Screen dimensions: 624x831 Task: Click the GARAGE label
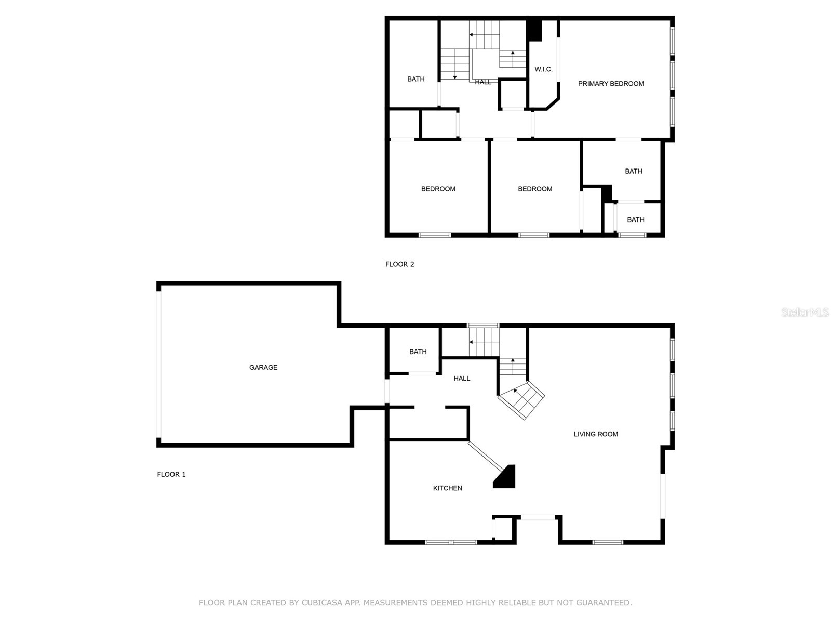(263, 367)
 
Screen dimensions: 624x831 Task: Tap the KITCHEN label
(447, 488)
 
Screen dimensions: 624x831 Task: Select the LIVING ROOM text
(596, 434)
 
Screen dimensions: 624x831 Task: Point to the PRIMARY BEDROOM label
(611, 83)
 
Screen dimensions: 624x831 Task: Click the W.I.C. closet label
(543, 69)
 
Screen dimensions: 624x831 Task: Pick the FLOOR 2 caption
(399, 264)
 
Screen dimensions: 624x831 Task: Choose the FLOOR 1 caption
(171, 474)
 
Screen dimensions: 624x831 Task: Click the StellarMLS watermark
(805, 312)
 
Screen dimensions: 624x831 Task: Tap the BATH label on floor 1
(418, 352)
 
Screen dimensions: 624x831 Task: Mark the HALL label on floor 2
(482, 82)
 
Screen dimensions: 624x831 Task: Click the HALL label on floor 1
(461, 378)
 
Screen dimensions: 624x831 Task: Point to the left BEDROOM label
(438, 189)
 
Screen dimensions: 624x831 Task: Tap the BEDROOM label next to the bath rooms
(534, 189)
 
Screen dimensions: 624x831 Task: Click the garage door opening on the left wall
(159, 364)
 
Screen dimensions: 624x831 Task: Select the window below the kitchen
(450, 542)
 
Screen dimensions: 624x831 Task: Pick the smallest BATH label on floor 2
(635, 219)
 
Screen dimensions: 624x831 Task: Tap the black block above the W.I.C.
(534, 30)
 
